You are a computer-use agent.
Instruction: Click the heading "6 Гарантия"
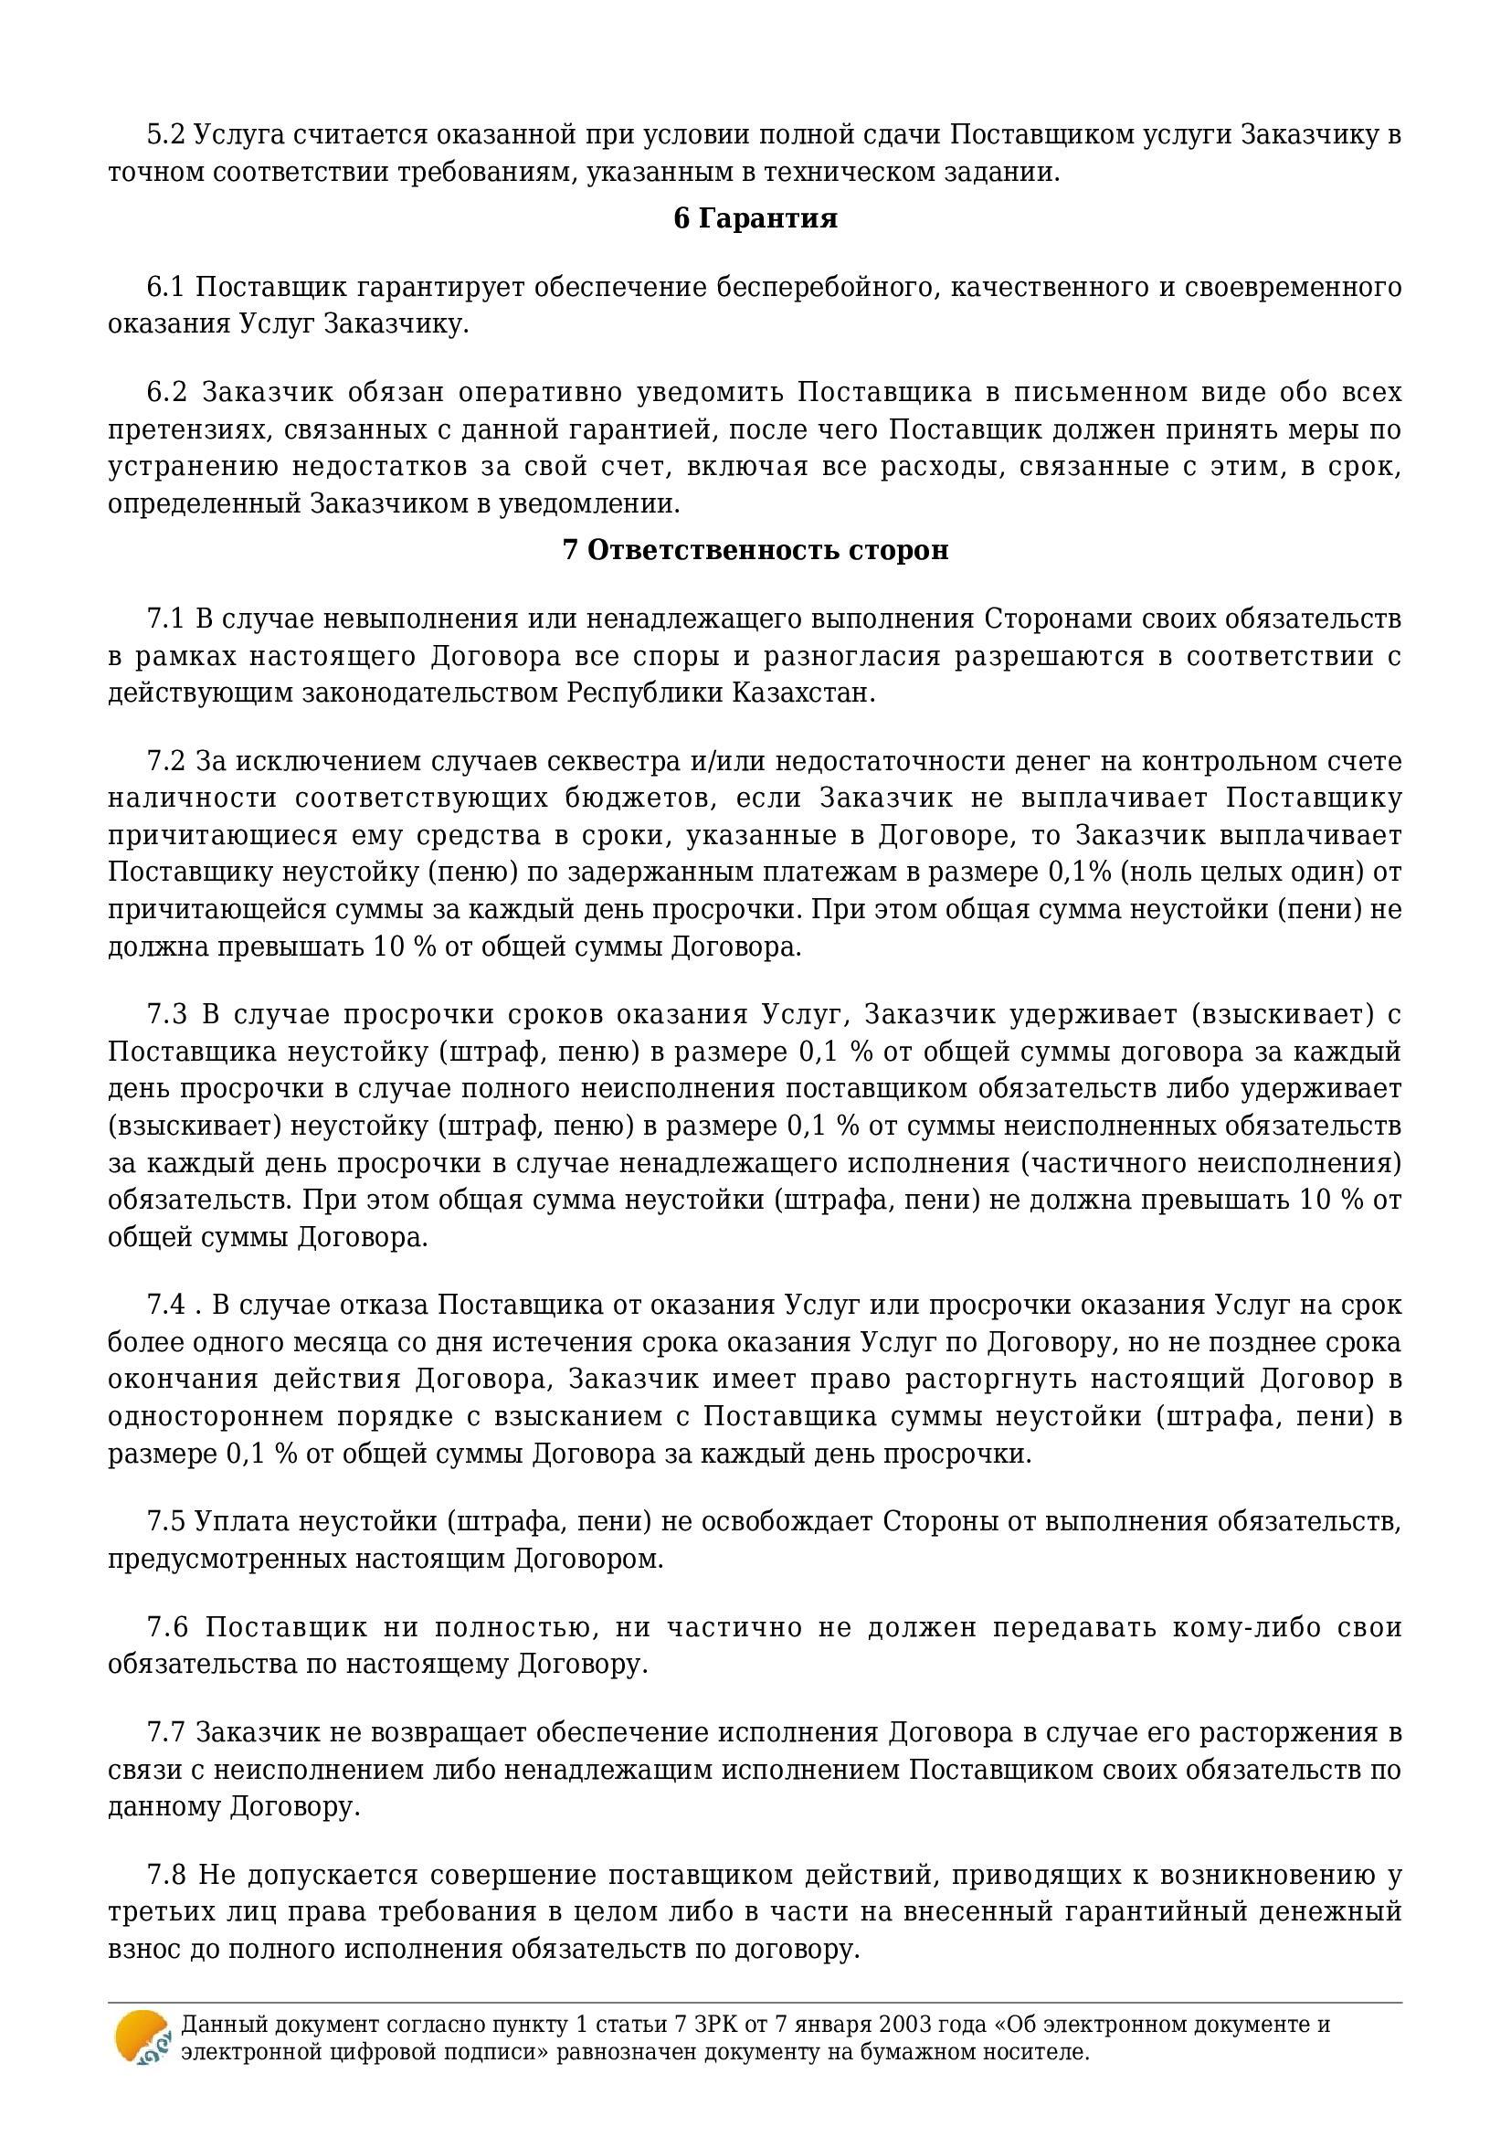point(755,218)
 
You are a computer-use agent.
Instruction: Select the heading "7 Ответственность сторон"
point(755,550)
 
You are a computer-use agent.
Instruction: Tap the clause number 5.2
point(166,135)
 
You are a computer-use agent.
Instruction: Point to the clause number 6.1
point(166,287)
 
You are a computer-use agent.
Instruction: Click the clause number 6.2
point(167,392)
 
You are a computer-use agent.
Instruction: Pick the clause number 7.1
point(166,619)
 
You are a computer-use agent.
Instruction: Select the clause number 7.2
point(166,761)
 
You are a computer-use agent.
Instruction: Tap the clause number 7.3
point(167,1013)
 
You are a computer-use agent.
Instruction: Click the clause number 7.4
point(166,1305)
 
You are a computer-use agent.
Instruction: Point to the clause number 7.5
point(166,1522)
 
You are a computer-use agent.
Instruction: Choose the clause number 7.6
point(167,1627)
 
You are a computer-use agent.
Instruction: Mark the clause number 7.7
point(166,1732)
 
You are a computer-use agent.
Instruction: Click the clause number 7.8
point(166,1875)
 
